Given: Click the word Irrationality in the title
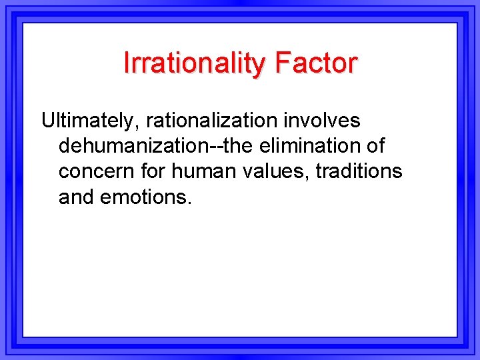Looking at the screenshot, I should [x=195, y=63].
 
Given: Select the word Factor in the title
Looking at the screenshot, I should [x=316, y=63].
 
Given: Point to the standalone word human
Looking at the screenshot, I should [x=199, y=171].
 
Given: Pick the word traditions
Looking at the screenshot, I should [x=359, y=171].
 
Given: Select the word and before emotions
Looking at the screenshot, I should [x=76, y=197].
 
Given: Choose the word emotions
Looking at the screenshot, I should [x=142, y=197].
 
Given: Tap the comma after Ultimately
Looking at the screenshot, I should [x=138, y=128].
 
